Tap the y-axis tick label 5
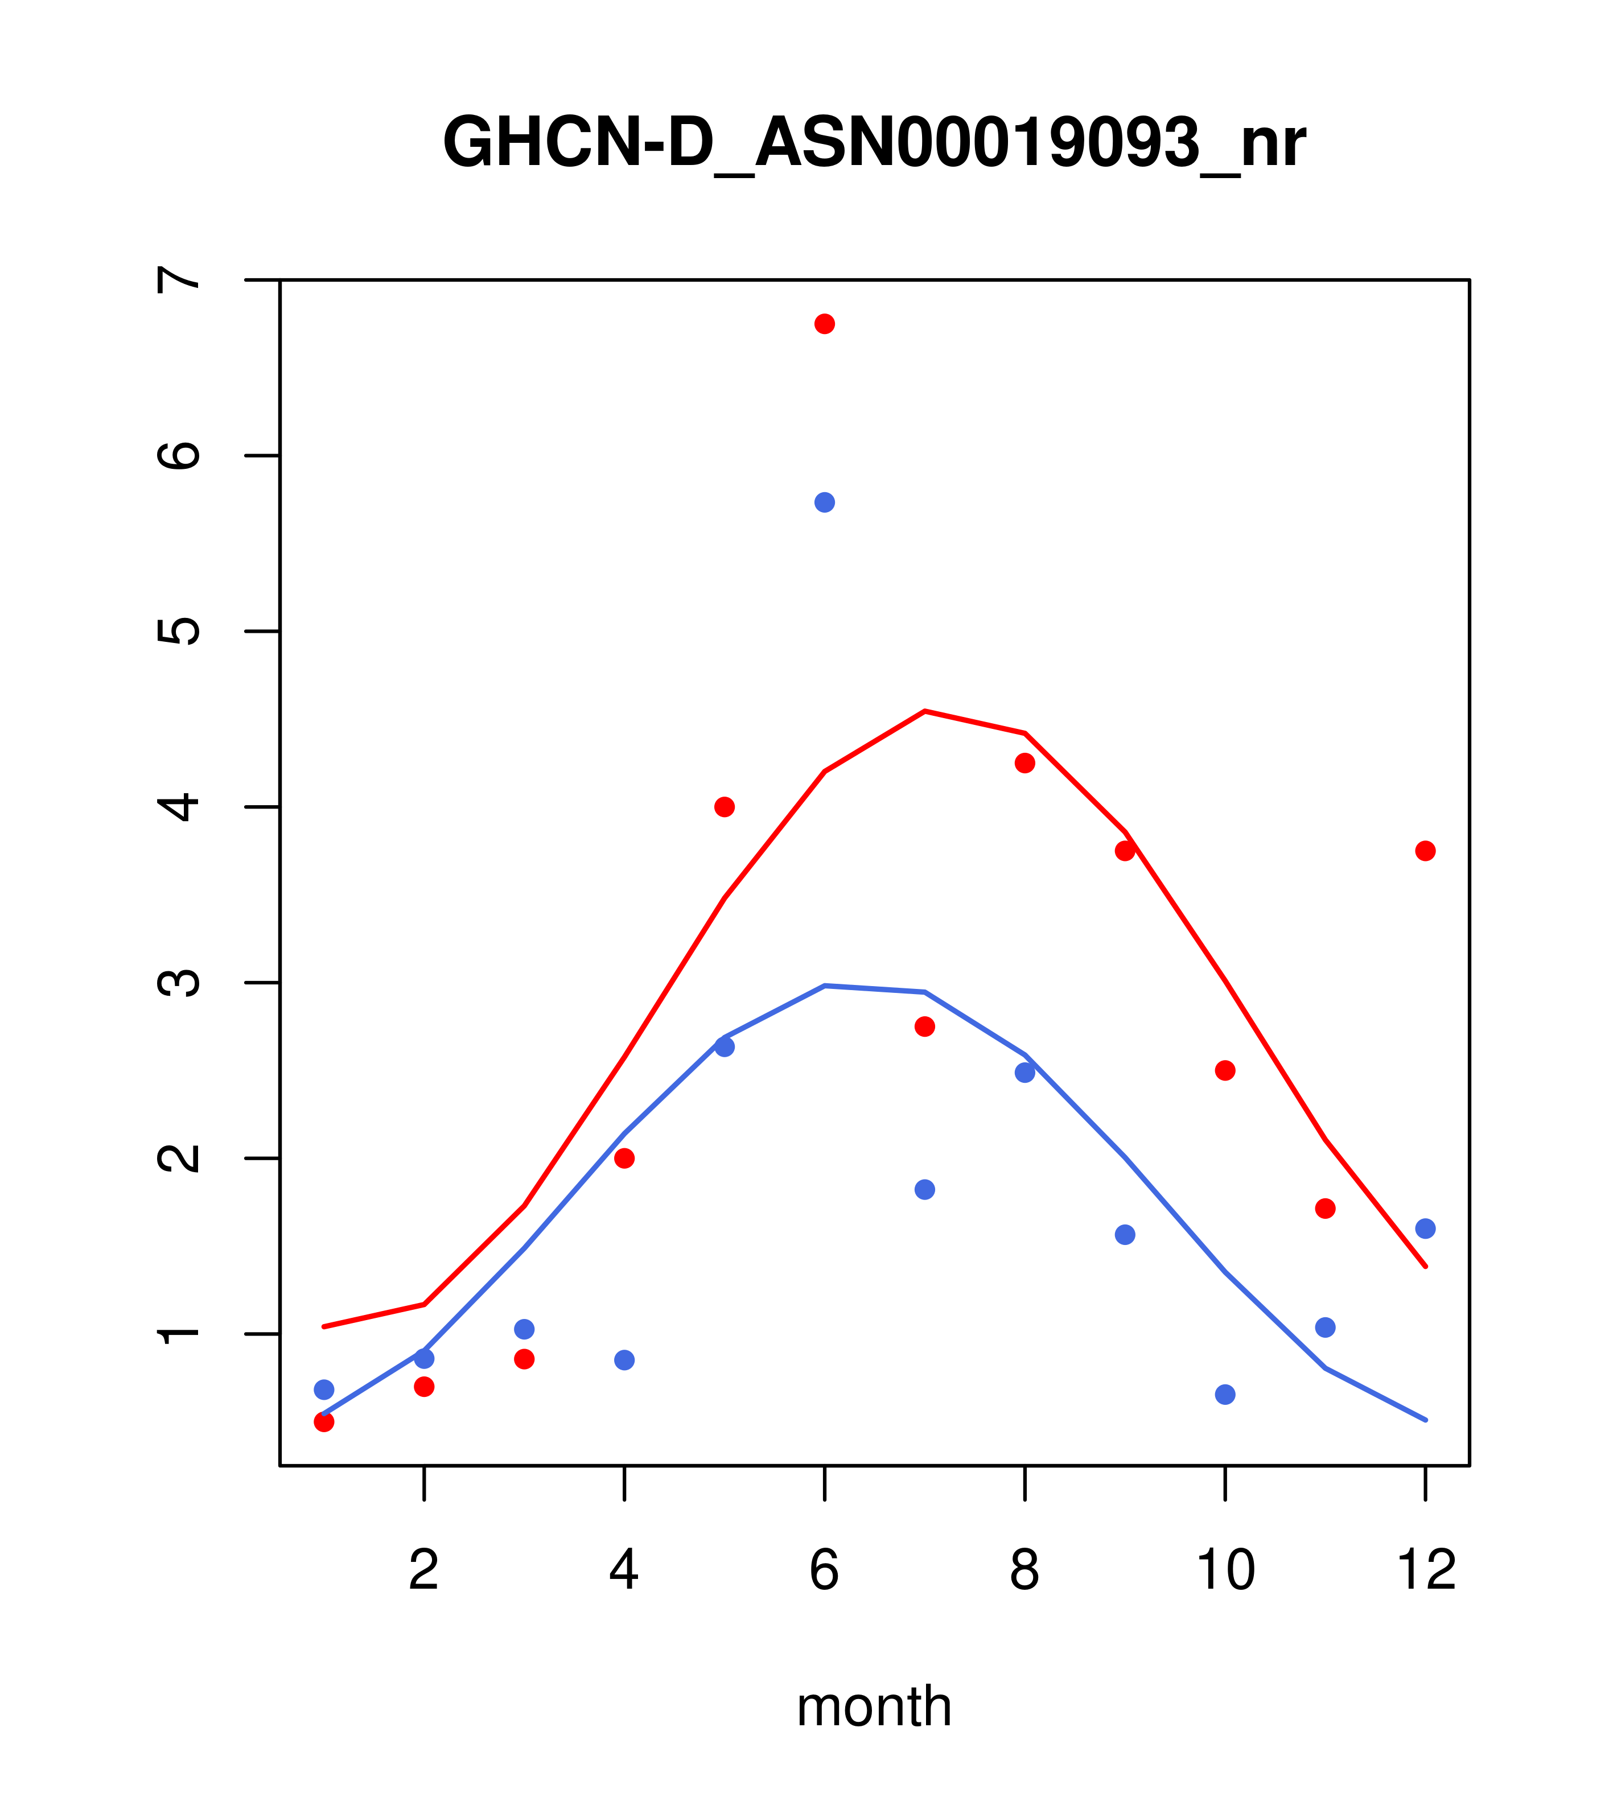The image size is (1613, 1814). point(179,631)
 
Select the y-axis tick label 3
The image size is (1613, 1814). point(179,983)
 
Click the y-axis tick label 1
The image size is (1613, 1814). point(179,1334)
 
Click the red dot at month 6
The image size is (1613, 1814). point(825,324)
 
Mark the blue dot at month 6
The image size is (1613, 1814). point(825,502)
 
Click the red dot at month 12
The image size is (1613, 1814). point(1426,851)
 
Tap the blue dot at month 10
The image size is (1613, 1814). point(1225,1394)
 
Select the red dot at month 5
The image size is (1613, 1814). point(725,807)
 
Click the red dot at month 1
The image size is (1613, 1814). point(324,1422)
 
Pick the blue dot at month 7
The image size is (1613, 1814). point(925,1189)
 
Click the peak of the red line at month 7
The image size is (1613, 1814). point(925,711)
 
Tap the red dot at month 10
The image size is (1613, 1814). point(1225,1070)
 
